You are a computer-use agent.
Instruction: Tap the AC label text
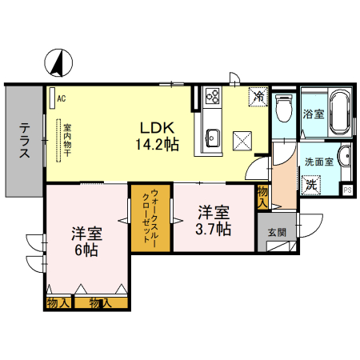click(x=62, y=98)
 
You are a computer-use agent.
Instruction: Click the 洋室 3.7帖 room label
click(x=214, y=221)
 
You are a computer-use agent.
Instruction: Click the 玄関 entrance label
click(x=276, y=232)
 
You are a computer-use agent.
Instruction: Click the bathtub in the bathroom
click(x=339, y=114)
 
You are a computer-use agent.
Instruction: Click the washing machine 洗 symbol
click(x=311, y=183)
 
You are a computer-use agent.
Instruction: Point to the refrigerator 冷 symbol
click(x=258, y=96)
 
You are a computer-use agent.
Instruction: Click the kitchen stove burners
click(x=213, y=96)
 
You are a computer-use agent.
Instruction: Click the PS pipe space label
click(x=347, y=190)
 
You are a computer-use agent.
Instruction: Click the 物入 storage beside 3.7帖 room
click(x=262, y=197)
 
